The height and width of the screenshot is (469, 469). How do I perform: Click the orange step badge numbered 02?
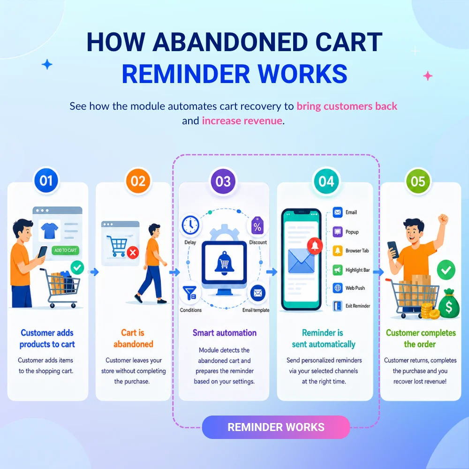pyautogui.click(x=138, y=181)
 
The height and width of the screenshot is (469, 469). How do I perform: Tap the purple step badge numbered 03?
pyautogui.click(x=223, y=181)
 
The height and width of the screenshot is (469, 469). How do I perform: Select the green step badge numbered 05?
pyautogui.click(x=418, y=181)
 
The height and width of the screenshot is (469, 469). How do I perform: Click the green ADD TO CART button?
pyautogui.click(x=66, y=250)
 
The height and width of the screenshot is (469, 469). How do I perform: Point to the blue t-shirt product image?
pyautogui.click(x=49, y=231)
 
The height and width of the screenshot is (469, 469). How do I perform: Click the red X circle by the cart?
pyautogui.click(x=133, y=253)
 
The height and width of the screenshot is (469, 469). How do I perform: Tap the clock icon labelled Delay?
pyautogui.click(x=190, y=225)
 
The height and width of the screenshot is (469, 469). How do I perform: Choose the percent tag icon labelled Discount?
pyautogui.click(x=257, y=226)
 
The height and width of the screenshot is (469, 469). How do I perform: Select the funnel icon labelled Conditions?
pyautogui.click(x=190, y=293)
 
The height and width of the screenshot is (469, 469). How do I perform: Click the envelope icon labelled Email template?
pyautogui.click(x=258, y=293)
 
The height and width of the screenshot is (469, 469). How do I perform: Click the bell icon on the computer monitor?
pyautogui.click(x=224, y=263)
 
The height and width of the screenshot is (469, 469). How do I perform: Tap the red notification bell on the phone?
pyautogui.click(x=315, y=246)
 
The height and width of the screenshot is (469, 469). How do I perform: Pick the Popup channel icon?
pyautogui.click(x=338, y=232)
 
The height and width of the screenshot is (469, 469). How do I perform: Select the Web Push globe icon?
pyautogui.click(x=338, y=288)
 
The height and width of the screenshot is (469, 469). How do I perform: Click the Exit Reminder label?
pyautogui.click(x=358, y=306)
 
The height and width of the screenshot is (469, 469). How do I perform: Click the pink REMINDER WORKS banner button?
pyautogui.click(x=276, y=427)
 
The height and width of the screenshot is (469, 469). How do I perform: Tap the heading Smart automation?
pyautogui.click(x=224, y=333)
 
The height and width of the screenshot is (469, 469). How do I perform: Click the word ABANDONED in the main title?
pyautogui.click(x=230, y=42)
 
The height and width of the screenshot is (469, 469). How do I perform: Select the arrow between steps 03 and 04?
pyautogui.click(x=272, y=272)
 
